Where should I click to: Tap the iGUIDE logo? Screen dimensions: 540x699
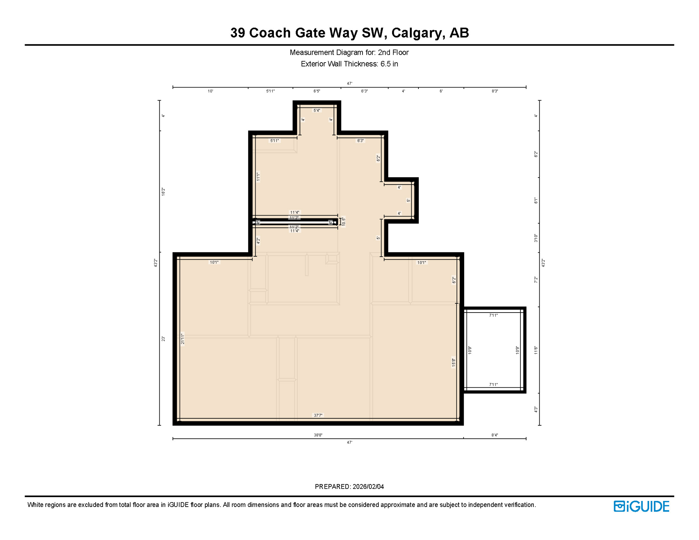(x=641, y=506)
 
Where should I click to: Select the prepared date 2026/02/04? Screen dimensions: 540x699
(x=368, y=487)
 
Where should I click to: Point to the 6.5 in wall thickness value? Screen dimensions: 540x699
(x=389, y=64)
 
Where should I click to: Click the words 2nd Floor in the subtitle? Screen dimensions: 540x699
(x=393, y=52)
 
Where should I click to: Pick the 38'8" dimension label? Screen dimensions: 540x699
(x=318, y=435)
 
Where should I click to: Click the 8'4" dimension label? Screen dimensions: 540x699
(x=495, y=435)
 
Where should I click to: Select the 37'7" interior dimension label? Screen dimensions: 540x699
(x=318, y=416)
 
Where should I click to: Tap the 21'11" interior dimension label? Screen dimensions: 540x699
(x=182, y=339)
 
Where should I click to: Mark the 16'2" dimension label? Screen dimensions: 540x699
(x=163, y=192)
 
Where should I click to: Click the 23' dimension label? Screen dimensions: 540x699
(x=163, y=339)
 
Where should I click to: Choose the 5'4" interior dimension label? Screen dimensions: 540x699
(x=317, y=110)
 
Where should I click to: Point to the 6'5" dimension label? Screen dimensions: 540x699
(x=317, y=91)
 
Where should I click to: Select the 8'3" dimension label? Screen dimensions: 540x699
(x=495, y=91)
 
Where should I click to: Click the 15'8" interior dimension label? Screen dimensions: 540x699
(x=454, y=362)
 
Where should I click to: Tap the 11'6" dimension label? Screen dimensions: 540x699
(x=536, y=350)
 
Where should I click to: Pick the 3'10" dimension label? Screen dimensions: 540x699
(x=536, y=238)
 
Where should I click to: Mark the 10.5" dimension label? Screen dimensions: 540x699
(x=344, y=221)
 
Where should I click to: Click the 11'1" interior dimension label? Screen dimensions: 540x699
(x=258, y=176)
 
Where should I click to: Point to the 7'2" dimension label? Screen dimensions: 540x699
(x=536, y=280)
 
